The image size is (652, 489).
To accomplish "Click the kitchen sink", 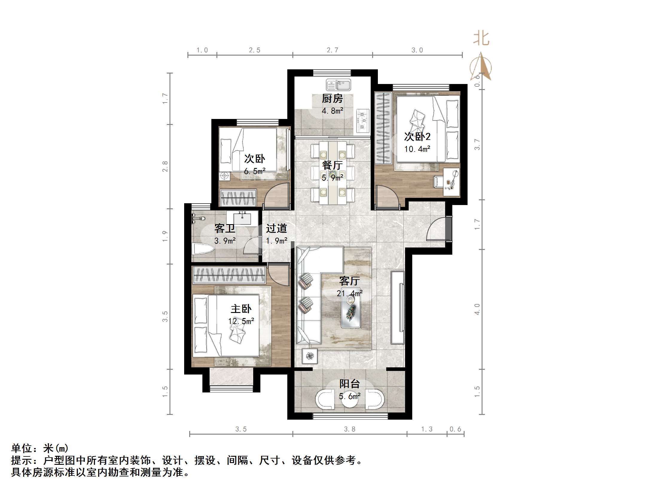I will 338,85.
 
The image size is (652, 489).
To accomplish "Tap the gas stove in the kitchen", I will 363,121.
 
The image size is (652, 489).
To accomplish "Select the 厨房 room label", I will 332,98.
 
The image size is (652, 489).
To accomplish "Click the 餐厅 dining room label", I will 332,165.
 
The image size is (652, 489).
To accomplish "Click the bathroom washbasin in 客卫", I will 242,218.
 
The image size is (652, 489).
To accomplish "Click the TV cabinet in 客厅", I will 398,307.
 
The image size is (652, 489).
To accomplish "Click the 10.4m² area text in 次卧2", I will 417,149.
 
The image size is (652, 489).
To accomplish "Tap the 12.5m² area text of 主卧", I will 241,321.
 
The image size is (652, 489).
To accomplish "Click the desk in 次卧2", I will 451,182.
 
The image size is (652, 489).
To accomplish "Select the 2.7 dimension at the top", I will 332,50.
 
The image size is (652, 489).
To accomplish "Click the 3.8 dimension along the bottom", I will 349,429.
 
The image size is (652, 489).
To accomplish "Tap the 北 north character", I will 481,39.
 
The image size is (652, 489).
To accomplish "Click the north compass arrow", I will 481,67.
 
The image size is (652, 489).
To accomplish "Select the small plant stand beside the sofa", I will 310,356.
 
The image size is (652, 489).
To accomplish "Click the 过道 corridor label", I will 276,229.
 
